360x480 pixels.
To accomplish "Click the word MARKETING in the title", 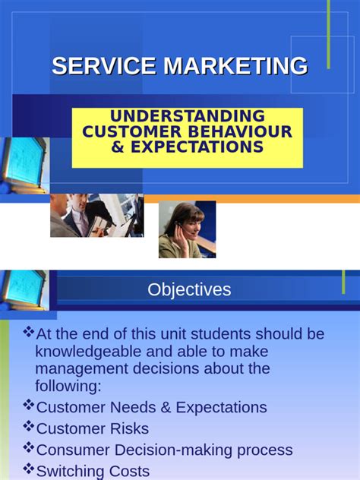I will pos(236,66).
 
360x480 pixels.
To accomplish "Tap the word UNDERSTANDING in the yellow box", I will pos(188,116).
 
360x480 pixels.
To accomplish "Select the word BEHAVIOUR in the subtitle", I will pos(241,131).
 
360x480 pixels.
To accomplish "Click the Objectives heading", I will pos(189,289).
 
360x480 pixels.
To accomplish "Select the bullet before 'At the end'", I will pos(29,333).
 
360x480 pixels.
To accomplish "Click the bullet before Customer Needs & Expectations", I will pos(29,406).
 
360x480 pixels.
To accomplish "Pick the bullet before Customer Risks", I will pos(29,427).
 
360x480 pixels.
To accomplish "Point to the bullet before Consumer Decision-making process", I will pos(29,448).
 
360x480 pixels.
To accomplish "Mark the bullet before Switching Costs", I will pos(29,469).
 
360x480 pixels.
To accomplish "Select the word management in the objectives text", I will pos(81,369).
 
